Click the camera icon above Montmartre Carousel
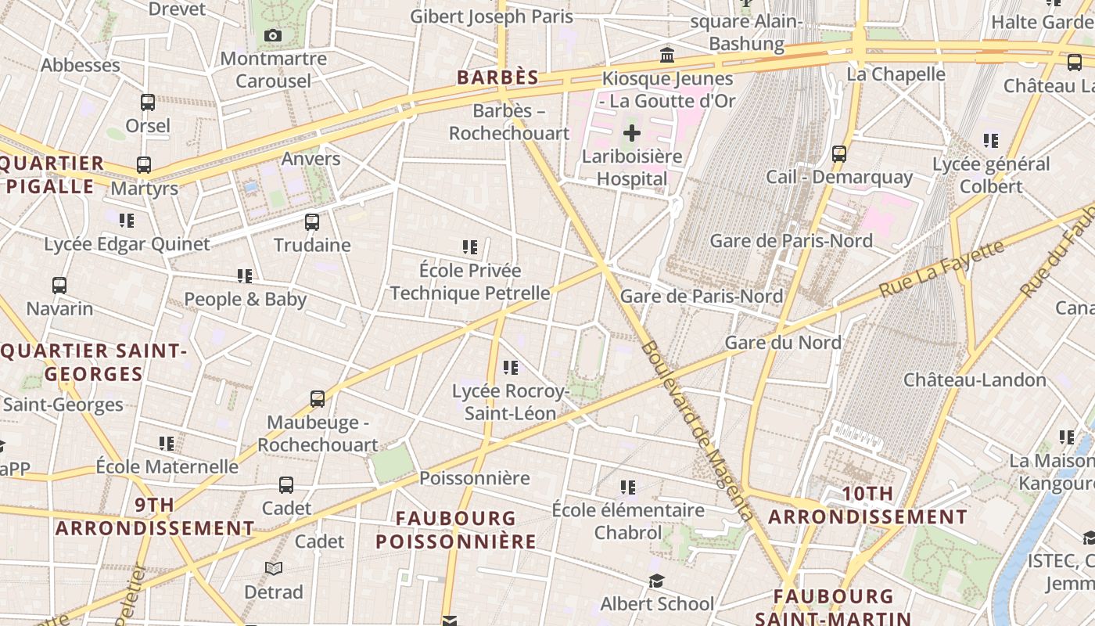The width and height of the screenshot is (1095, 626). [x=273, y=35]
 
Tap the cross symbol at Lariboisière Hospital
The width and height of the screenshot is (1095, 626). [x=632, y=133]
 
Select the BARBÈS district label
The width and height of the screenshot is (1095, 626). [x=498, y=77]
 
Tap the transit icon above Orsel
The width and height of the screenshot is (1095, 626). [x=147, y=102]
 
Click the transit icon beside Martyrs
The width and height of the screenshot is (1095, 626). [x=144, y=165]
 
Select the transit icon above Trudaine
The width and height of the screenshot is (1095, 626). [x=312, y=221]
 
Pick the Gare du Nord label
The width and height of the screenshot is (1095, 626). [x=783, y=342]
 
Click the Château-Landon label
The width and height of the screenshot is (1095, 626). [x=975, y=380]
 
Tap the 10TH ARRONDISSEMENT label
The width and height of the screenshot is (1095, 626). [x=868, y=505]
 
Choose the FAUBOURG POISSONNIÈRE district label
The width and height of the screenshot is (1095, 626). [x=456, y=530]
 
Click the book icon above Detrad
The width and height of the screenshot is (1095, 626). [x=274, y=568]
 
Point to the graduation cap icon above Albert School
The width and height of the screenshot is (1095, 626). [x=656, y=581]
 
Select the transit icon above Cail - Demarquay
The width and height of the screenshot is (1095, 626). [x=839, y=153]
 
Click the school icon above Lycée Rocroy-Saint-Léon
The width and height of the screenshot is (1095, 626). [x=511, y=367]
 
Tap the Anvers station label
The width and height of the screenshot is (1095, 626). [x=311, y=159]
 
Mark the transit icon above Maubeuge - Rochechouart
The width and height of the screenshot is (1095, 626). [x=318, y=399]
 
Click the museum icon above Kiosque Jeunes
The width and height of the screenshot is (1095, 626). [x=667, y=55]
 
